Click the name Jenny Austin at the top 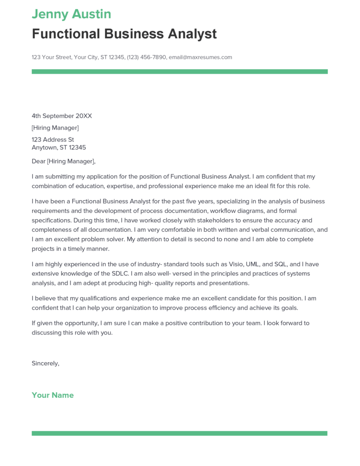[x=71, y=14]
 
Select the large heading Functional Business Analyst [x=124, y=34]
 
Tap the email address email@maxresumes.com [x=200, y=57]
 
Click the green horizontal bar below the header [x=179, y=71]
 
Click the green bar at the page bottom [x=179, y=433]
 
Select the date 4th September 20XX [x=61, y=116]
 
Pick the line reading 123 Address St [x=53, y=140]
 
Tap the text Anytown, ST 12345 [x=59, y=147]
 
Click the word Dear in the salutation [x=38, y=161]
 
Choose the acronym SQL [x=281, y=264]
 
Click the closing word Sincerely [x=45, y=363]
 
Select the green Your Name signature [x=52, y=395]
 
